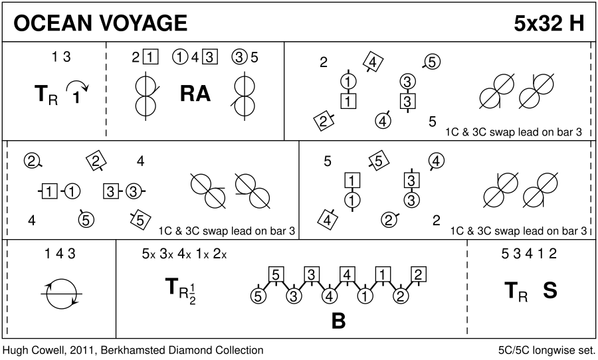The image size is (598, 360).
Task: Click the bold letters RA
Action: tap(195, 94)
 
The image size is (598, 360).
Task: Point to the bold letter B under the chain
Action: tap(338, 321)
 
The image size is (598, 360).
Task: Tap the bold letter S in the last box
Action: tap(550, 291)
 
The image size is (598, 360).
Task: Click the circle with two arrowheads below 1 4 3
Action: tap(62, 292)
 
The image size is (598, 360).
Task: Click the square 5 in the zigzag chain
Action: tap(277, 274)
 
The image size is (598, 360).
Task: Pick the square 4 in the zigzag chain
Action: tap(346, 274)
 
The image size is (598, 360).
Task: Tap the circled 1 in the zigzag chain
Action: tap(364, 296)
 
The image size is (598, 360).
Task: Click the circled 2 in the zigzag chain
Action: tap(400, 296)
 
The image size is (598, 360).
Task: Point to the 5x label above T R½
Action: tap(148, 253)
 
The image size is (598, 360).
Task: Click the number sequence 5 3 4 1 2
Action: tap(529, 253)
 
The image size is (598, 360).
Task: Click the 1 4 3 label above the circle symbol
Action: tap(60, 253)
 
